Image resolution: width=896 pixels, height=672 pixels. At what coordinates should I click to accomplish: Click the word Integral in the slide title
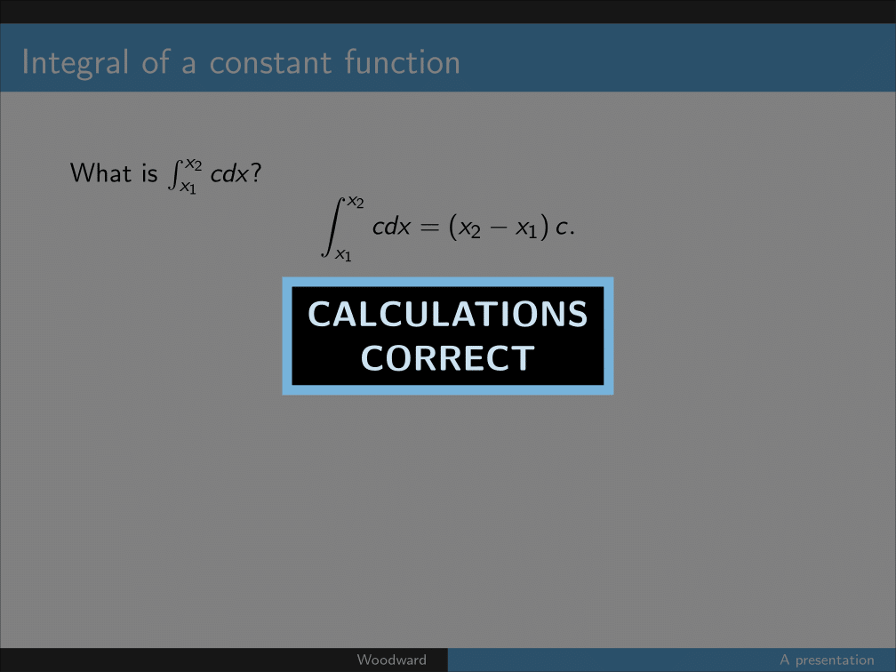click(75, 62)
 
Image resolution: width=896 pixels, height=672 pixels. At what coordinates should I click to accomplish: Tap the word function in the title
click(403, 61)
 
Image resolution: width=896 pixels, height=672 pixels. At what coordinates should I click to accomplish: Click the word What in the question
click(100, 172)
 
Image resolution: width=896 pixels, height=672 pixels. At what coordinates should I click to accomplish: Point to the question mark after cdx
click(255, 172)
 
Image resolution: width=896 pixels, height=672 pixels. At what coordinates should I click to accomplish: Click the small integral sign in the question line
click(173, 174)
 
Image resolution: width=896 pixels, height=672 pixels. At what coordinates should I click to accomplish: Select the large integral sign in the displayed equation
click(333, 228)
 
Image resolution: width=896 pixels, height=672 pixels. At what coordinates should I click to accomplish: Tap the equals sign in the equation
click(429, 228)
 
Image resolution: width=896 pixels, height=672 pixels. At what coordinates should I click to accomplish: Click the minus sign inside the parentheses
click(499, 228)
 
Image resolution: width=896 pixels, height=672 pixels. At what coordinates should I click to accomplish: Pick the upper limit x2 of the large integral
click(356, 202)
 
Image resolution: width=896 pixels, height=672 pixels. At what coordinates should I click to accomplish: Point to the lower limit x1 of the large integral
click(343, 255)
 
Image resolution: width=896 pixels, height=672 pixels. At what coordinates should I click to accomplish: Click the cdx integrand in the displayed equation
click(391, 227)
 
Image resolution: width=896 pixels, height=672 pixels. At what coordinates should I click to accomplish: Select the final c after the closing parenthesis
click(562, 228)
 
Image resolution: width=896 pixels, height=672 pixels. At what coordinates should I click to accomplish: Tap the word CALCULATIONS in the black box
click(448, 315)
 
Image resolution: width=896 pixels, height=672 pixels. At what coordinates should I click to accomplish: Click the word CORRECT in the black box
click(448, 358)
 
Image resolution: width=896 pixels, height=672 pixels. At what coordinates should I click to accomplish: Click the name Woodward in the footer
click(391, 660)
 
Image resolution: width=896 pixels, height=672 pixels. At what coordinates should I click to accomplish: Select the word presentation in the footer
click(835, 660)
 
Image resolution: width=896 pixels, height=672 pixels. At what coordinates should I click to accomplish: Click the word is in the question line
click(149, 172)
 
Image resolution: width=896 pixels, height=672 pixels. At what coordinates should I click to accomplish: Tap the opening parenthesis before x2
click(453, 228)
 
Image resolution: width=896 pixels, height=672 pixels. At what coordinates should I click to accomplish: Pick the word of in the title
click(156, 61)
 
